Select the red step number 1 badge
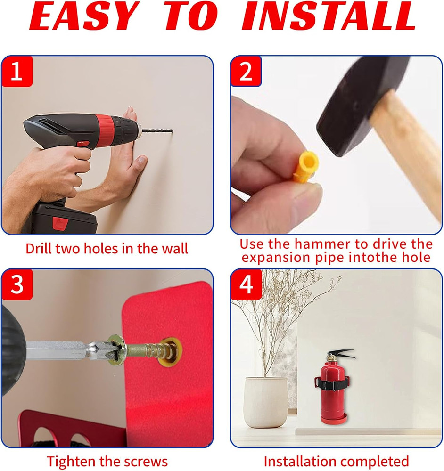pyautogui.click(x=16, y=71)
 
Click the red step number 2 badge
pyautogui.click(x=246, y=71)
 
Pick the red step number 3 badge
pyautogui.click(x=16, y=284)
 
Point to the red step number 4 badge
pyautogui.click(x=246, y=284)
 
